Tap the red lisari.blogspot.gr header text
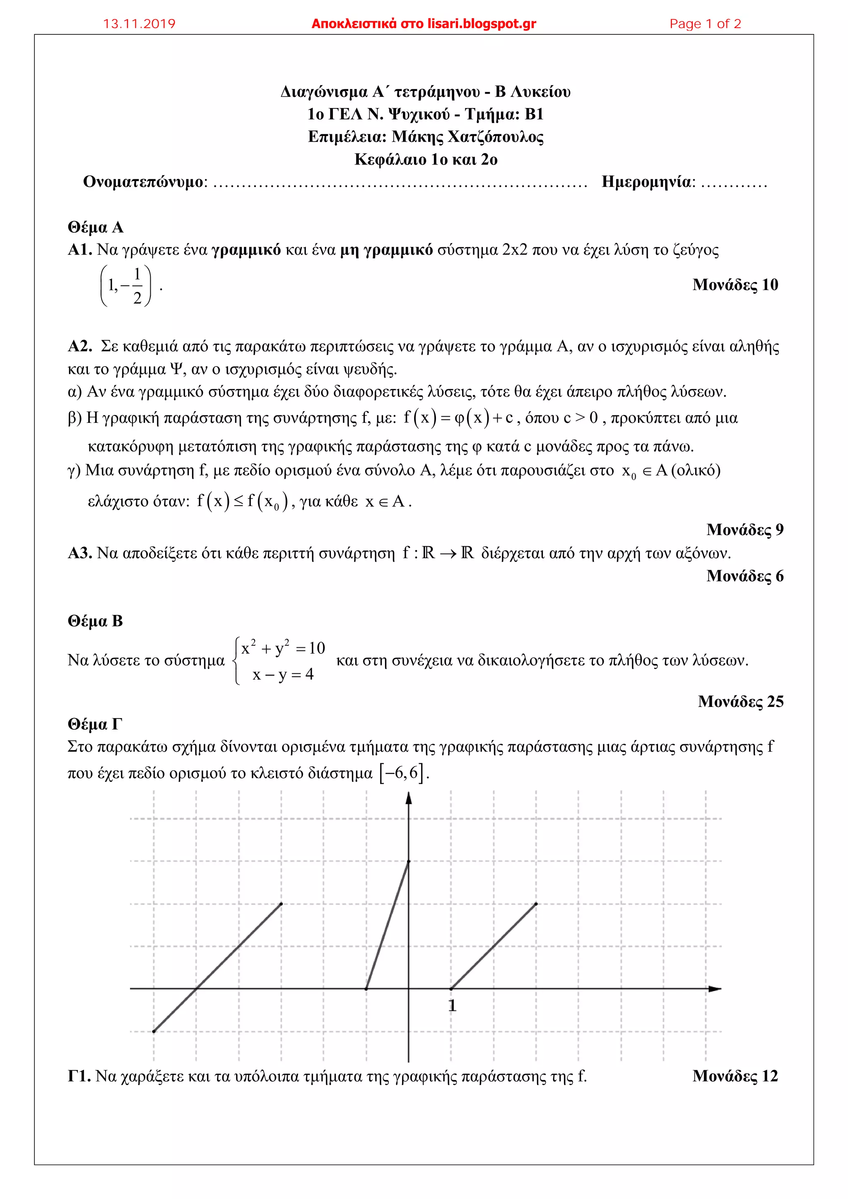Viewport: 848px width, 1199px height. click(424, 24)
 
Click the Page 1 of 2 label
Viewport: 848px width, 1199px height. click(705, 24)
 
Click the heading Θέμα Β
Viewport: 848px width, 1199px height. click(95, 621)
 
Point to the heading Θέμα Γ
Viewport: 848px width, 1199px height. click(94, 724)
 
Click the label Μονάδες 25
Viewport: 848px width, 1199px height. click(740, 701)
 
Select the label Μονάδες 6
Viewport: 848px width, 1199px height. click(744, 576)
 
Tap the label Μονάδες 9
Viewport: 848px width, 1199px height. click(744, 530)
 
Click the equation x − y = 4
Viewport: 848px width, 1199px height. click(282, 675)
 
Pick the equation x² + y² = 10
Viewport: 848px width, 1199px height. click(282, 648)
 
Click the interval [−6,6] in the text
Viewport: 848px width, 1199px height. click(402, 772)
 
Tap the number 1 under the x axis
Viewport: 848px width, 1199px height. click(452, 1005)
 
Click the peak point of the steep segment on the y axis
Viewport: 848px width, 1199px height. click(408, 861)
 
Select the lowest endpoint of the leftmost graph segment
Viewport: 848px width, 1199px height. click(154, 1031)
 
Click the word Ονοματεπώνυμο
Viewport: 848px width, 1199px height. click(142, 182)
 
